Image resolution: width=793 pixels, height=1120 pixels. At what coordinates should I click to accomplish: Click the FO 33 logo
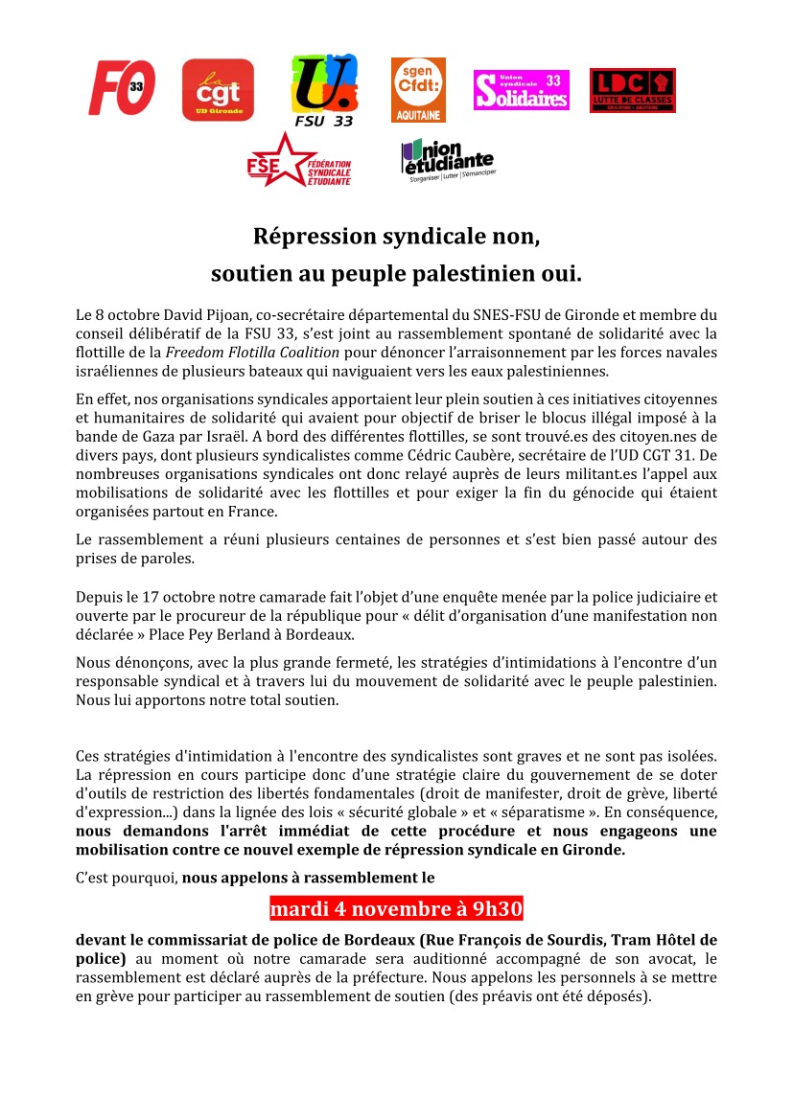pos(122,88)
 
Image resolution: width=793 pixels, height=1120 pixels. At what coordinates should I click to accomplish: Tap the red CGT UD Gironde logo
pos(218,90)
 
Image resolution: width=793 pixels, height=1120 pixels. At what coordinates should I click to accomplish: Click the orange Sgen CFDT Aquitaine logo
pos(418,89)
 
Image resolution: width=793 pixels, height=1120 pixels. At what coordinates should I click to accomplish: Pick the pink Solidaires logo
pos(521,90)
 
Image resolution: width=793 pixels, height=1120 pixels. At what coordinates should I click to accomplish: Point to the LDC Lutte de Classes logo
pos(632,90)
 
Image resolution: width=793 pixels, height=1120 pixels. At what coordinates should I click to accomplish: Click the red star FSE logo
pos(298,159)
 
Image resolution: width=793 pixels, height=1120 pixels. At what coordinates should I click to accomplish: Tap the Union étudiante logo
pos(447,161)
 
